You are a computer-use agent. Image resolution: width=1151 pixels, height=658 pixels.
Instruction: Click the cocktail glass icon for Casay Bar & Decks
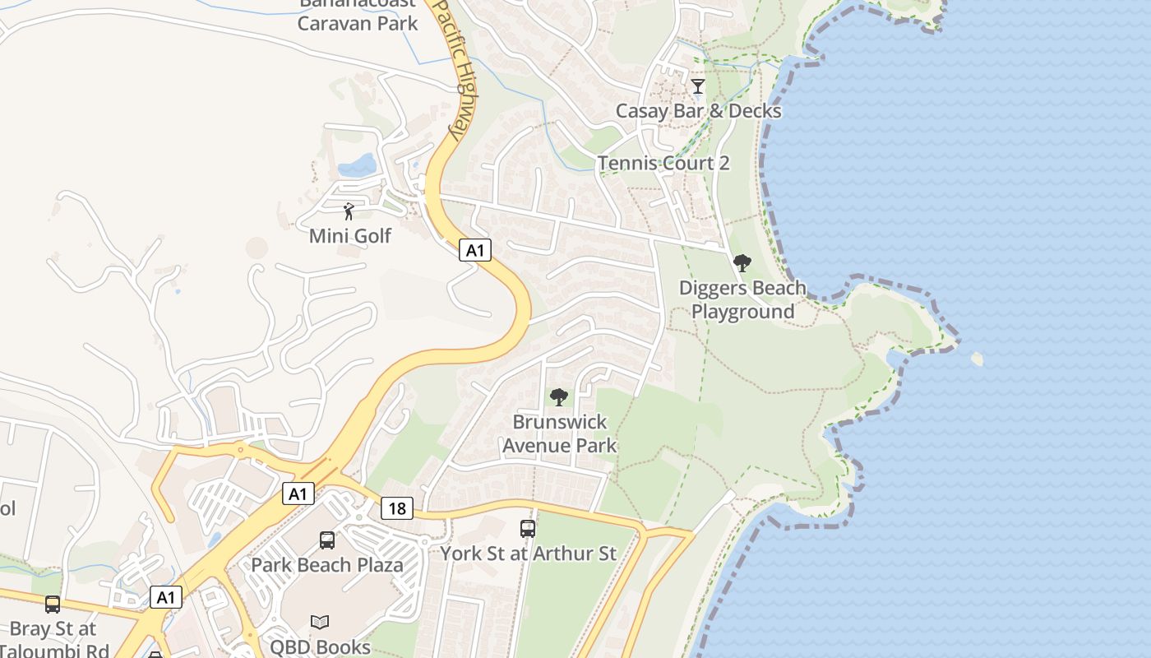698,86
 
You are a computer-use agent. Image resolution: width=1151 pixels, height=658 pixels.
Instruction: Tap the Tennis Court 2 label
663,163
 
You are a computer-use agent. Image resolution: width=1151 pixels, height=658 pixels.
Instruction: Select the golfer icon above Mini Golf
349,211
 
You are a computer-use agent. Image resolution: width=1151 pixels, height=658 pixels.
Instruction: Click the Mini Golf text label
350,236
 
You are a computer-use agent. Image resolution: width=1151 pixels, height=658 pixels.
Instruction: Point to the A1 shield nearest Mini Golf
474,250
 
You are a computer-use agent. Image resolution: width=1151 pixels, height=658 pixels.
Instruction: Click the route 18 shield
396,508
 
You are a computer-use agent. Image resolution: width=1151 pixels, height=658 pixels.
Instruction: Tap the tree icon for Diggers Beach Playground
742,263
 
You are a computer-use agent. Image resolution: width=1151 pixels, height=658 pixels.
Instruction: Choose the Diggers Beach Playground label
742,300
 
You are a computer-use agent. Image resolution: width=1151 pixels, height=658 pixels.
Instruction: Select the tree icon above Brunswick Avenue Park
559,397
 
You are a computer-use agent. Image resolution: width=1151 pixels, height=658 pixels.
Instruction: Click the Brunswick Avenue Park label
559,433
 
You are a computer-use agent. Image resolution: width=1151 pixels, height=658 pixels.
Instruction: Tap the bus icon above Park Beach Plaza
327,540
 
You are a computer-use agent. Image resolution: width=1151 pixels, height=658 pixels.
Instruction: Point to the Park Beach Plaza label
327,565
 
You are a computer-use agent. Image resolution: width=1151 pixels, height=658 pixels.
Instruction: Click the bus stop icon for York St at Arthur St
528,529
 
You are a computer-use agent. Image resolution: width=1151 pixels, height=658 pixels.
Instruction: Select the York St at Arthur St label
528,554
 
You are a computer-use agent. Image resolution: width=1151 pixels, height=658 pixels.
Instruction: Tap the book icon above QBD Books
320,623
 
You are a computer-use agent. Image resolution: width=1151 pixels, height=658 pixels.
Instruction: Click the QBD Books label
321,647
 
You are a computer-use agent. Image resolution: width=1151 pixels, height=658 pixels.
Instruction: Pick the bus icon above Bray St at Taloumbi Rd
53,605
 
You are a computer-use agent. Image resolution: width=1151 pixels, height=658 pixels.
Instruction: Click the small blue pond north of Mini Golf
358,165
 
